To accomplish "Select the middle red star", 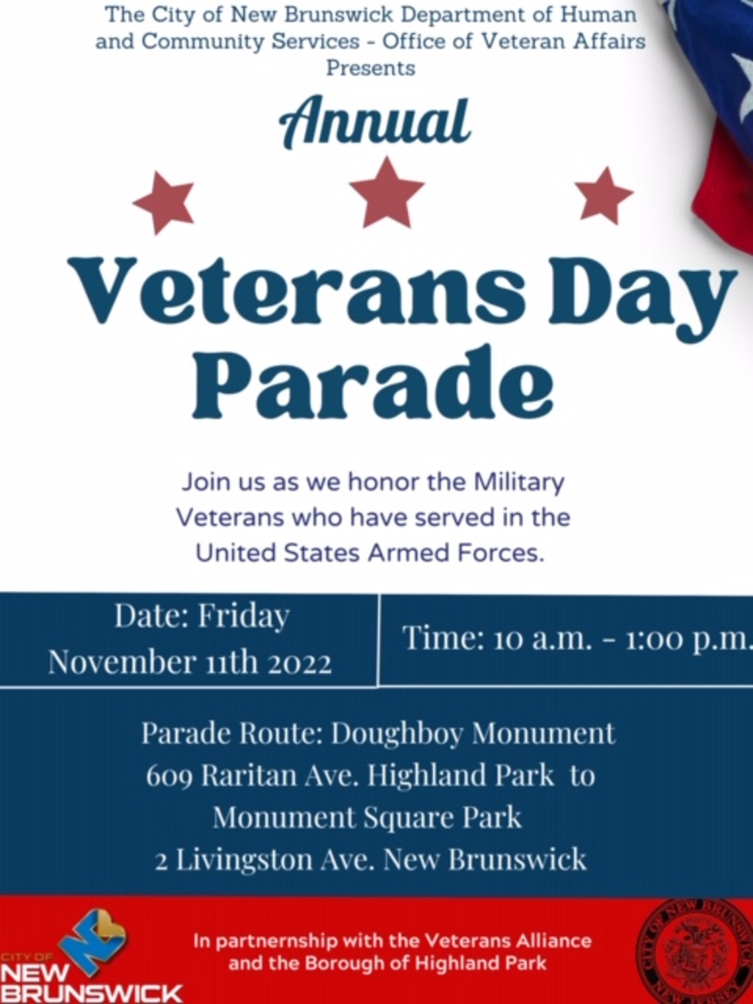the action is click(387, 192).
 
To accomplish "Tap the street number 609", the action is click(169, 777).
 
